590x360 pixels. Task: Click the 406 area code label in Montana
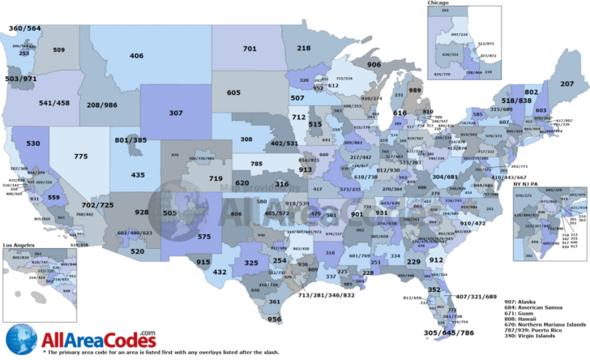coord(136,56)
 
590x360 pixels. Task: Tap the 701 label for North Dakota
coord(250,49)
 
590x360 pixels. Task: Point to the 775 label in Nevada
coord(81,156)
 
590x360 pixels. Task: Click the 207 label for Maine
coord(567,84)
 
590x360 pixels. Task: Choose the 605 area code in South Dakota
coord(233,93)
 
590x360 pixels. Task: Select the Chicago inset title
coord(439,4)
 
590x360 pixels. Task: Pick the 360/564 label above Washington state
coord(24,28)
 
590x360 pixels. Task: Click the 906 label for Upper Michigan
coord(374,64)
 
